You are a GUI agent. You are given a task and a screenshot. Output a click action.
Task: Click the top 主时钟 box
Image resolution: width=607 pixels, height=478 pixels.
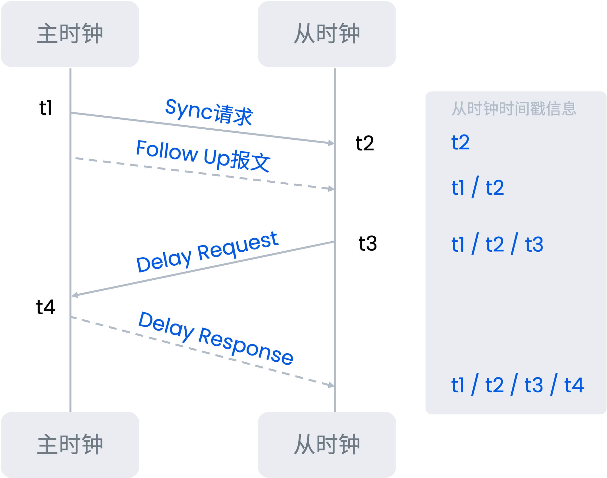pos(70,34)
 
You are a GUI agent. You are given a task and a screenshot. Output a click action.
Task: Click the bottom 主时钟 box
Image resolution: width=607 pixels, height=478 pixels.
pos(70,445)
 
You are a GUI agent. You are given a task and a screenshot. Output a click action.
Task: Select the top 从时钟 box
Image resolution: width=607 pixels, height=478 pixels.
pos(327,34)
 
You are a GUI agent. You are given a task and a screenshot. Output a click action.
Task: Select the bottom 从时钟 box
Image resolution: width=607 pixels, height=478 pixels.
pos(327,445)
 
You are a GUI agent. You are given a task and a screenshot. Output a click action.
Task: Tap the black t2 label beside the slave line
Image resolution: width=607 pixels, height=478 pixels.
pos(365,143)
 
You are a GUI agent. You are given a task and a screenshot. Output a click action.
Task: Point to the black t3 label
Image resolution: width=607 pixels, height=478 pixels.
pos(367,243)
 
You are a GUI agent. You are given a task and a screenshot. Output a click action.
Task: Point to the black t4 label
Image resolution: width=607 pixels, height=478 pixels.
pos(46,307)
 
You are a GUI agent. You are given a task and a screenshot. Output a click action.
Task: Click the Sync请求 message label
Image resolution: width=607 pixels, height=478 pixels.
pos(208,112)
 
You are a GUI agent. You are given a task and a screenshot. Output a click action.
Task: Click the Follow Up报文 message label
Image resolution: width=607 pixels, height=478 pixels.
pos(203,156)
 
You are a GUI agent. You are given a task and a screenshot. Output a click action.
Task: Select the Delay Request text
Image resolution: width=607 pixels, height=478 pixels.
pos(207,252)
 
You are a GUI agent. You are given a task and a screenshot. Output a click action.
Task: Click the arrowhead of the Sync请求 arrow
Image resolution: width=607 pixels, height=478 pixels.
pos(332,143)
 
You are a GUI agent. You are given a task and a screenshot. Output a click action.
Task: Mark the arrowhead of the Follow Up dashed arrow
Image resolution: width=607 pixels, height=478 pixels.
pos(332,189)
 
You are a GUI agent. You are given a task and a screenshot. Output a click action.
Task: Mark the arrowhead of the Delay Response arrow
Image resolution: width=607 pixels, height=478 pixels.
pos(332,385)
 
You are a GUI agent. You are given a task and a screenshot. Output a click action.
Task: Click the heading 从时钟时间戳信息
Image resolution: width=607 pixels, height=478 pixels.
pos(514,109)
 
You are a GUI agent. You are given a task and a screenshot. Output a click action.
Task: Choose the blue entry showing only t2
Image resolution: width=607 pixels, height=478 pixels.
pos(460,142)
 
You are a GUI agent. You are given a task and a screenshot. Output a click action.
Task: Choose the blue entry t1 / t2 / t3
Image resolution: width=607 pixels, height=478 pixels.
pos(497,244)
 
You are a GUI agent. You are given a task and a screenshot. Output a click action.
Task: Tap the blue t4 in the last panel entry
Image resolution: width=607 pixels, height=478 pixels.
pos(574,385)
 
